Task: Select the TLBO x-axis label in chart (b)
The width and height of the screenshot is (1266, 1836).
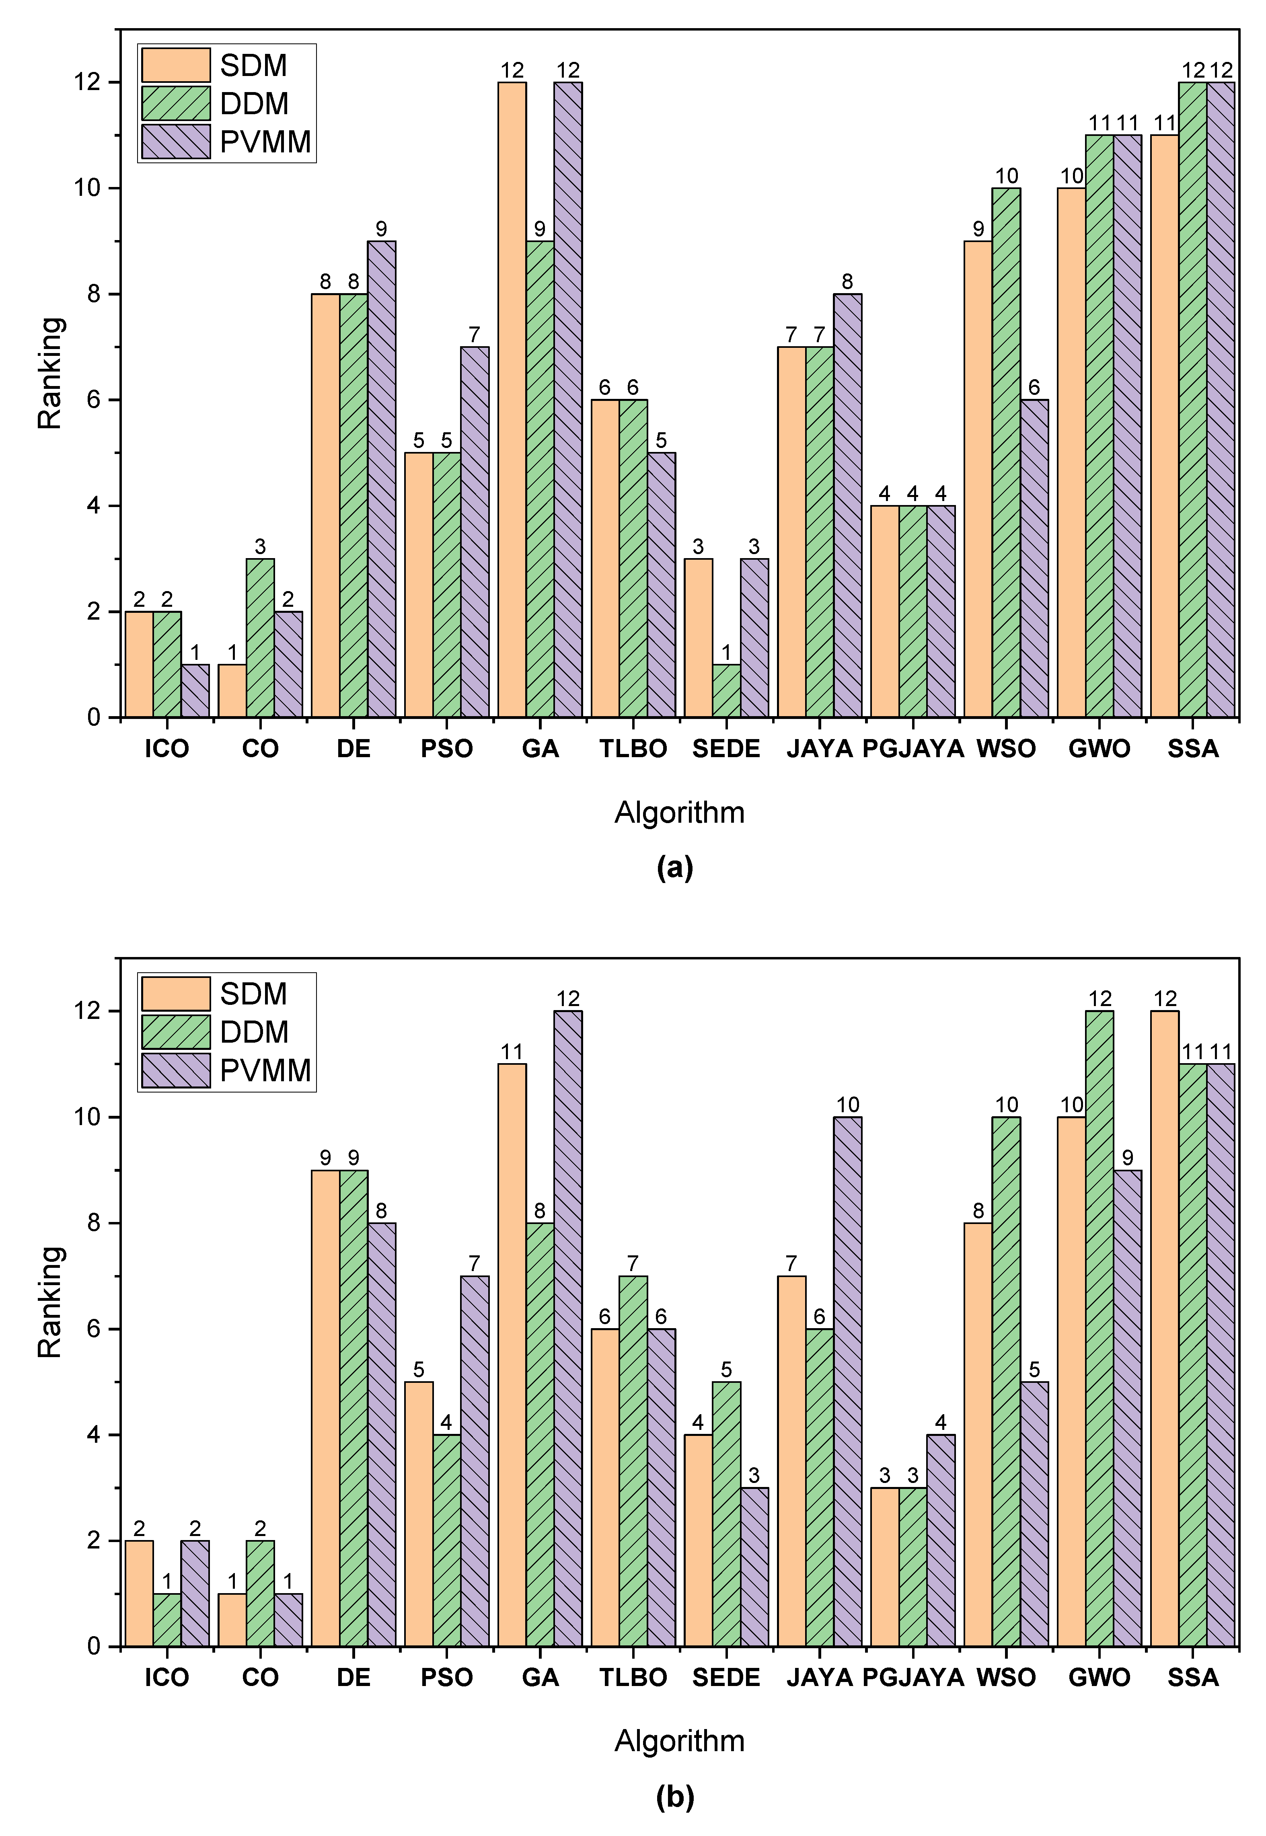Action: pos(633,1678)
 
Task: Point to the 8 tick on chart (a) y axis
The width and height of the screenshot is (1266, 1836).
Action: pos(94,294)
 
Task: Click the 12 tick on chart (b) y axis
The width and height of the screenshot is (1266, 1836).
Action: pos(87,1011)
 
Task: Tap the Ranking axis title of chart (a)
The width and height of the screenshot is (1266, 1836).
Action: pos(50,373)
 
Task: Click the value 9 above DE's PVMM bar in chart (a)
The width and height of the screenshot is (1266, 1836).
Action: pos(382,229)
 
